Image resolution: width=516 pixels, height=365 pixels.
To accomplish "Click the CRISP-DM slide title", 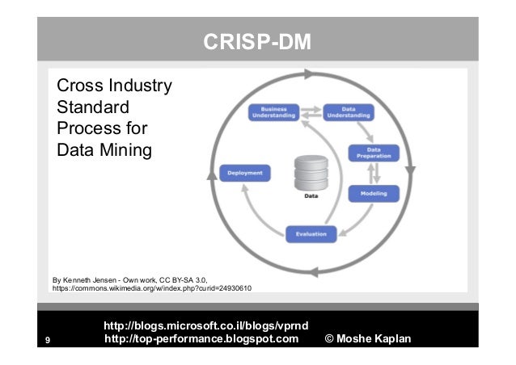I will [256, 42].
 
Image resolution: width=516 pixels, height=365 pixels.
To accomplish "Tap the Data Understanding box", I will [349, 113].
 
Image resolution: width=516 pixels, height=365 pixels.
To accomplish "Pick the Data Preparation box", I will [374, 153].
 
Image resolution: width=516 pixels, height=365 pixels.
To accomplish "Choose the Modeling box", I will [374, 194].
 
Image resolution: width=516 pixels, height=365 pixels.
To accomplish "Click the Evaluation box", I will [310, 234].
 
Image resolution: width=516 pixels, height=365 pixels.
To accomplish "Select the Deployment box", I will [245, 173].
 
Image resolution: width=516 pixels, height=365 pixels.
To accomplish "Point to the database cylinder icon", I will [310, 171].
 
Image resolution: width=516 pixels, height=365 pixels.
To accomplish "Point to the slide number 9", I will [48, 339].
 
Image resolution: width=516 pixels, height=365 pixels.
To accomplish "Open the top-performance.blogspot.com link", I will [201, 338].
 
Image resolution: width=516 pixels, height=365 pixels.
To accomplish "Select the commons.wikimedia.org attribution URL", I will [153, 287].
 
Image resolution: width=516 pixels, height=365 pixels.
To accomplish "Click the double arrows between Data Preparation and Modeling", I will [374, 174].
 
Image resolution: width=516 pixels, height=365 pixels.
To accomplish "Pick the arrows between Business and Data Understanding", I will [311, 112].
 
